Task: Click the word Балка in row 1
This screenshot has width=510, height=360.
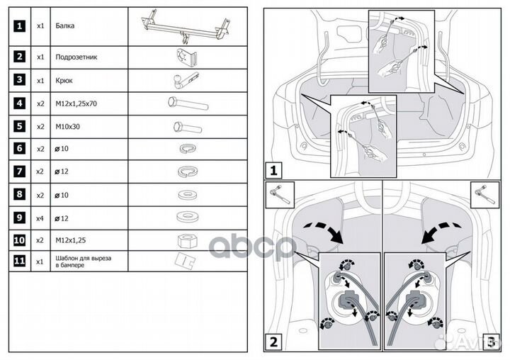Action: [x=64, y=26]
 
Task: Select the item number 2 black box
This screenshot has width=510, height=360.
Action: [x=20, y=56]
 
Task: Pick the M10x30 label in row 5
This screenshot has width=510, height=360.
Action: [x=67, y=127]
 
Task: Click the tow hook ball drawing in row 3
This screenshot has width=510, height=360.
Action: [x=185, y=79]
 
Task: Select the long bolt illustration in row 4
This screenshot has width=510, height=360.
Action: [x=188, y=103]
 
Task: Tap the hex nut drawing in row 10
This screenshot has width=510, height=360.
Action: [x=187, y=239]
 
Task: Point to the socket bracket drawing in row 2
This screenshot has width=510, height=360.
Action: [x=186, y=56]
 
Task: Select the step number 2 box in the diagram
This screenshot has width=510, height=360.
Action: [x=273, y=342]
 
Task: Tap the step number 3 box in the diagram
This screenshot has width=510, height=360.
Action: [x=489, y=342]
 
